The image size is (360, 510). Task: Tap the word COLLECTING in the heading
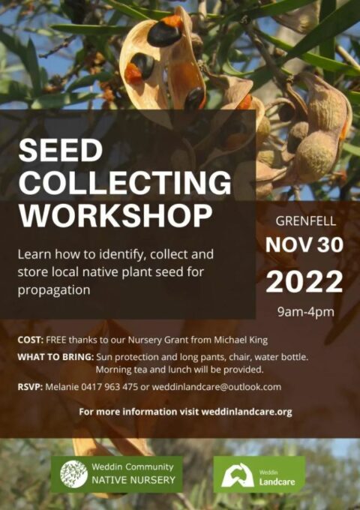(124, 182)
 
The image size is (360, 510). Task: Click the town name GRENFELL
(305, 223)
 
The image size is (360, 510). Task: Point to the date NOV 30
(304, 246)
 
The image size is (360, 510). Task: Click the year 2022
(304, 281)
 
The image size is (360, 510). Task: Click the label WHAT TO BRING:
(55, 357)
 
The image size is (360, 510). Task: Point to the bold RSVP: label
(31, 387)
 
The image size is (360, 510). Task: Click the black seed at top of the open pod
(164, 33)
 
